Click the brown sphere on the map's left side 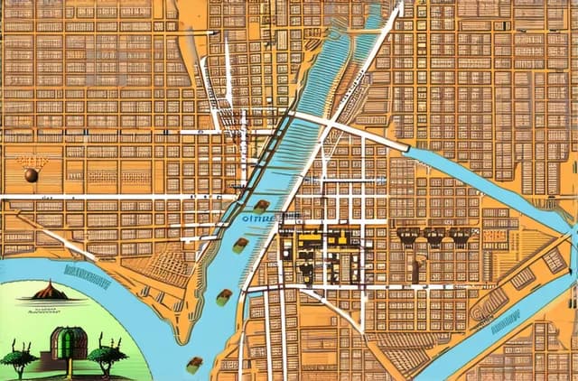coord(32,175)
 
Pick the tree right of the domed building coord(107,355)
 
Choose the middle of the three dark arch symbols coord(435,237)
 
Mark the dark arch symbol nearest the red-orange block coord(461,237)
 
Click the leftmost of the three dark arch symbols coord(407,237)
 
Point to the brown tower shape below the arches coord(418,268)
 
